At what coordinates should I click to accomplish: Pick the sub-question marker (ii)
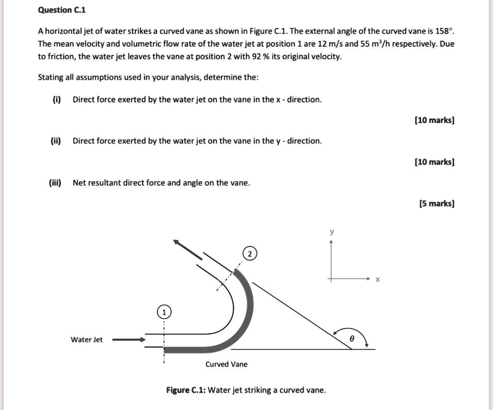click(x=56, y=141)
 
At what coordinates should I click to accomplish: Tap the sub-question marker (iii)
click(x=55, y=182)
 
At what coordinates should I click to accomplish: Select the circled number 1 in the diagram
click(x=164, y=312)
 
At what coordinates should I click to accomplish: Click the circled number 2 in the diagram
click(x=250, y=254)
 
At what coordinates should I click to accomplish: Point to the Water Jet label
click(x=87, y=340)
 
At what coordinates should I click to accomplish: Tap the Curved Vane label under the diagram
click(x=226, y=364)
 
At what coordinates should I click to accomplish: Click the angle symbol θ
click(x=352, y=339)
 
